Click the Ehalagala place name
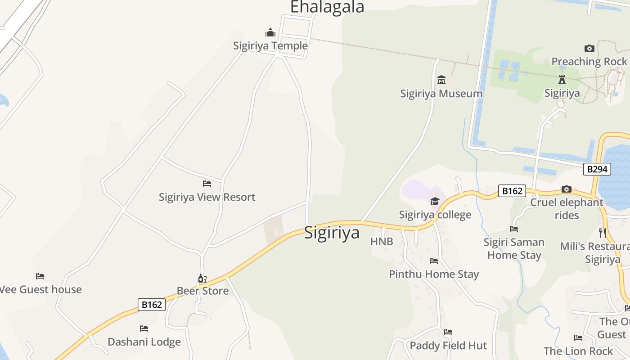click(x=327, y=7)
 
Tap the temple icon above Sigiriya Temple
click(x=270, y=32)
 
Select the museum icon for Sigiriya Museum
click(x=441, y=80)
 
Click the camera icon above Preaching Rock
click(x=589, y=48)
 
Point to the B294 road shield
click(x=597, y=169)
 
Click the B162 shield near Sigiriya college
click(x=512, y=191)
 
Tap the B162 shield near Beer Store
click(x=152, y=305)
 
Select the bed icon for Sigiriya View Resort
click(x=207, y=184)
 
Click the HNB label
click(x=382, y=242)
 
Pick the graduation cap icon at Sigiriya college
click(x=435, y=201)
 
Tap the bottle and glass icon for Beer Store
click(x=202, y=279)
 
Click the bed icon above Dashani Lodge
click(x=144, y=328)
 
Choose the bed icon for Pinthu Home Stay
click(x=434, y=261)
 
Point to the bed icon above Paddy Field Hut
click(x=448, y=332)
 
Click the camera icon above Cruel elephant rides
click(x=567, y=189)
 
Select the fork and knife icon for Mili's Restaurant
click(x=603, y=233)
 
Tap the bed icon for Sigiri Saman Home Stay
click(x=514, y=229)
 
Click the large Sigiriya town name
click(x=332, y=233)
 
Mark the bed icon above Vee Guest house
click(x=40, y=276)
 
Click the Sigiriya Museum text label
click(x=441, y=94)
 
